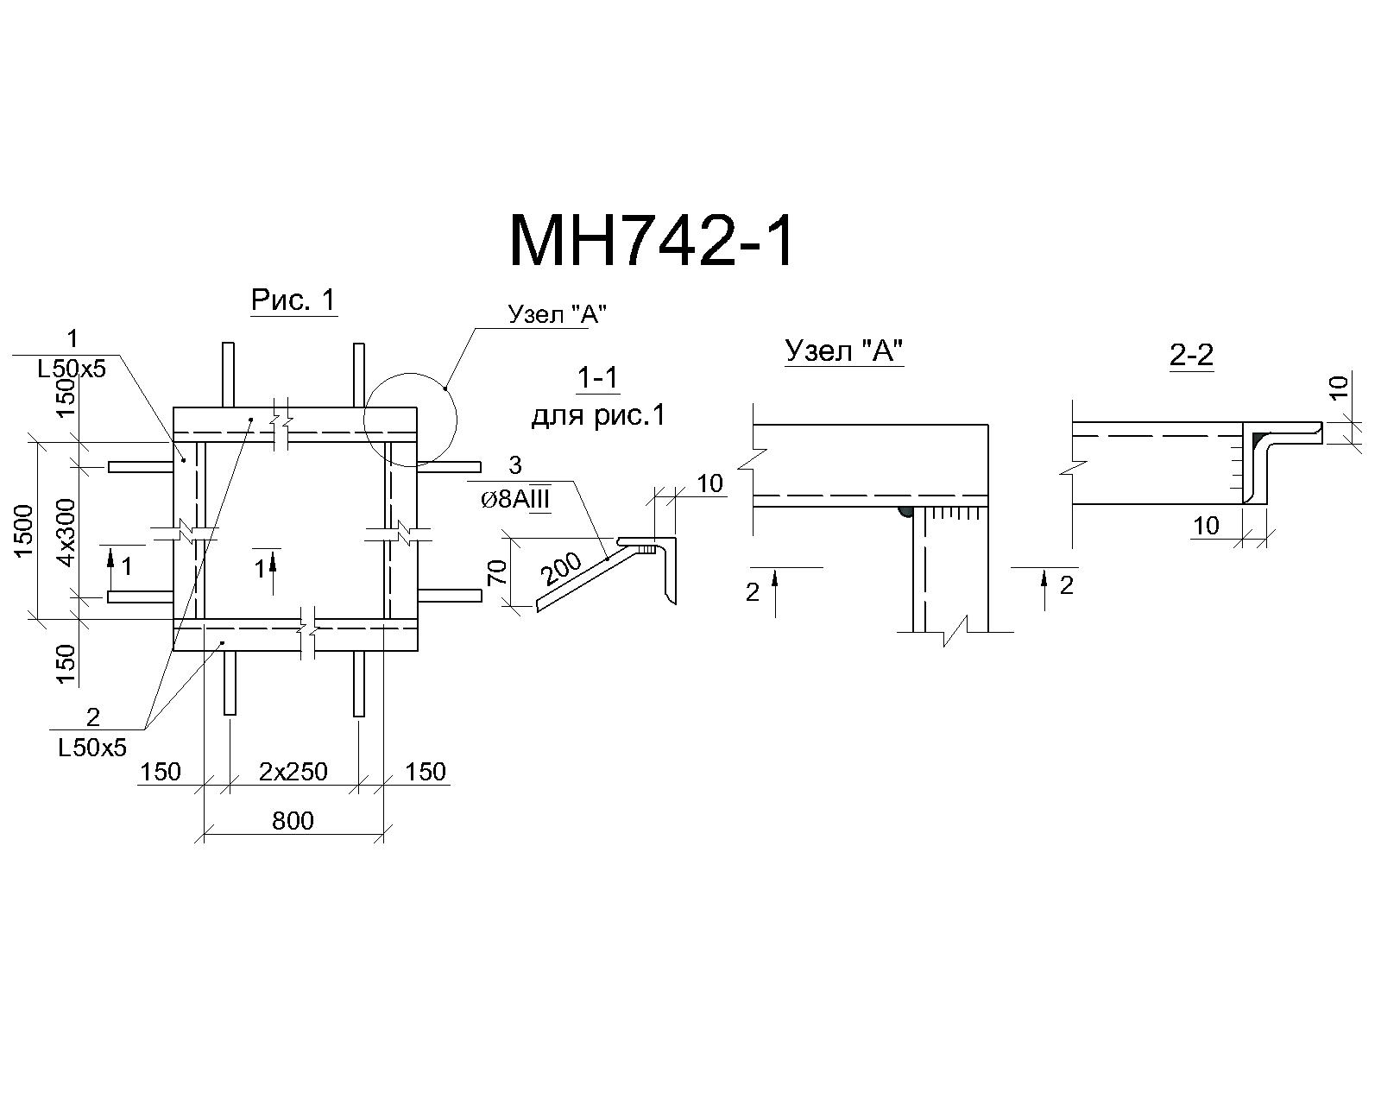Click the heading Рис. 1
[293, 300]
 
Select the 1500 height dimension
[24, 531]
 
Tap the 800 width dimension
[293, 821]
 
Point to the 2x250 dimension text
[293, 771]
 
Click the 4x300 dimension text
[66, 533]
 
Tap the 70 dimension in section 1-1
[499, 572]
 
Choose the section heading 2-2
[1192, 355]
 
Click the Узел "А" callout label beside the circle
[557, 314]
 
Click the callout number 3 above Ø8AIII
[514, 464]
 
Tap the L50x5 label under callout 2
[92, 748]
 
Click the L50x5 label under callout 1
[72, 369]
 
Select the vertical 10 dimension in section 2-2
[1340, 388]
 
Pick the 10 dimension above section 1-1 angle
[709, 483]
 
